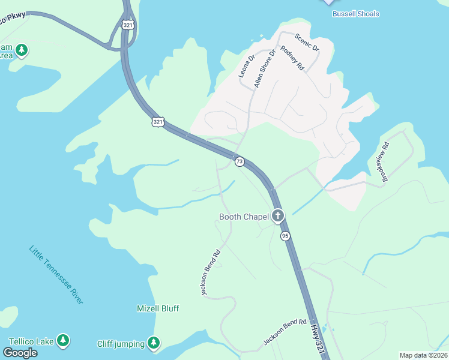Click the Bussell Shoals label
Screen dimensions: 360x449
pyautogui.click(x=356, y=14)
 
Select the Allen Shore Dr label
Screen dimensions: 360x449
pyautogui.click(x=264, y=69)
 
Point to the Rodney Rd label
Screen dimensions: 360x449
pyautogui.click(x=293, y=59)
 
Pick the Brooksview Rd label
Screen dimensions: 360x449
pyautogui.click(x=385, y=161)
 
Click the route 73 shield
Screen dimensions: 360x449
pyautogui.click(x=240, y=161)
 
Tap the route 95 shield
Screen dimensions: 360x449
pyautogui.click(x=285, y=236)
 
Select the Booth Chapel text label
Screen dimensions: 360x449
pyautogui.click(x=243, y=217)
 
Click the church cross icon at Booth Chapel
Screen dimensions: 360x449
pyautogui.click(x=277, y=215)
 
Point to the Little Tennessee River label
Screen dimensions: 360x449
pyautogui.click(x=56, y=275)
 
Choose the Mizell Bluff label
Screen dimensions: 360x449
pyautogui.click(x=158, y=308)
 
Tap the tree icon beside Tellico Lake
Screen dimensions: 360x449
pyautogui.click(x=63, y=341)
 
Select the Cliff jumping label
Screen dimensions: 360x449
pyautogui.click(x=121, y=344)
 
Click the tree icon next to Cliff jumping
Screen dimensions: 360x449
pyautogui.click(x=154, y=343)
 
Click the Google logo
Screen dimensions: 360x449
pyautogui.click(x=20, y=353)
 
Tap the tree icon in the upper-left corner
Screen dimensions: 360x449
pyautogui.click(x=22, y=50)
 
